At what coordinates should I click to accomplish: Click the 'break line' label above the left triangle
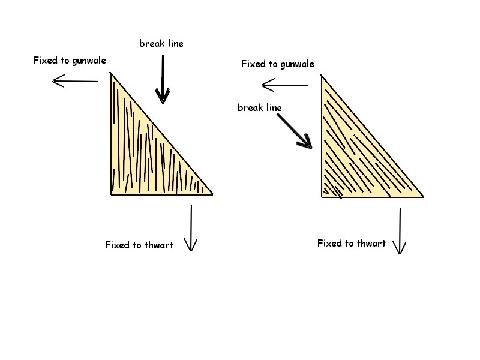[x=161, y=43]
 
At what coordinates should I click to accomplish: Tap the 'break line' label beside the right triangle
[x=259, y=107]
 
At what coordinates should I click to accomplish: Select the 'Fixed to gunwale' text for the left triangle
[x=70, y=60]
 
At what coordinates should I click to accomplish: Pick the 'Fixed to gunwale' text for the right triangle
[x=278, y=64]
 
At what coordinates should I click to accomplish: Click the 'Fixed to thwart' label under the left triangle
[x=139, y=245]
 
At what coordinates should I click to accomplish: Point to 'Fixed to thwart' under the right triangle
[x=351, y=243]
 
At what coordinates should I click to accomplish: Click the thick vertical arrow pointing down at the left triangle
[x=163, y=79]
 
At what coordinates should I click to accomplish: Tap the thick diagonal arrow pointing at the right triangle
[x=295, y=131]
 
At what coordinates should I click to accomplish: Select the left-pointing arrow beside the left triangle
[x=75, y=81]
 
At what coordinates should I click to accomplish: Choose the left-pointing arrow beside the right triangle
[x=285, y=85]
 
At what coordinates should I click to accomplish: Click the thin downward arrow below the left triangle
[x=191, y=228]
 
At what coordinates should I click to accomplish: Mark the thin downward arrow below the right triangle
[x=400, y=231]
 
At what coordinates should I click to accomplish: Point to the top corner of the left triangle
[x=111, y=72]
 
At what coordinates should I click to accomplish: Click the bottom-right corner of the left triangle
[x=212, y=194]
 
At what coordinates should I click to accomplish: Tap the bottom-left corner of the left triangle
[x=111, y=194]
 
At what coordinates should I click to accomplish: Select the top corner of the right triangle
[x=321, y=75]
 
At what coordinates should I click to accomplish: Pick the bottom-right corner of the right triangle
[x=423, y=197]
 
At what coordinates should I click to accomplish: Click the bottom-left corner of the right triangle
[x=322, y=197]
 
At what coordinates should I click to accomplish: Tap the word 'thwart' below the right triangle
[x=371, y=243]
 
